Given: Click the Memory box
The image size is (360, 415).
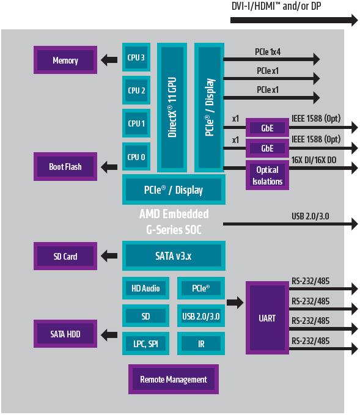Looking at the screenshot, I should [65, 61].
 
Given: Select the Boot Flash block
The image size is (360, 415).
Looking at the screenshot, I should [65, 166].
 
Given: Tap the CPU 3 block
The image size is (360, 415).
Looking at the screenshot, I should [136, 58].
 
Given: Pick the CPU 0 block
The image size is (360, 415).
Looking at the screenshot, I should [136, 157].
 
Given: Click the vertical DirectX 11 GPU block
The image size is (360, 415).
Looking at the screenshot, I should [172, 107].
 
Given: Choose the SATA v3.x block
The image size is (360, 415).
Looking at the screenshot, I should [174, 256].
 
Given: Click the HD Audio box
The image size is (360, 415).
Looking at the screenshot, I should [145, 288].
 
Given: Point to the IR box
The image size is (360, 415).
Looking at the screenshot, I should [201, 344].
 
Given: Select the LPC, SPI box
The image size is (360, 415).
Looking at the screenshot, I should [145, 344].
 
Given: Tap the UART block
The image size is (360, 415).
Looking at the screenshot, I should [267, 318].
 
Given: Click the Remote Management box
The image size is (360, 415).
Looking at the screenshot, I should [174, 380].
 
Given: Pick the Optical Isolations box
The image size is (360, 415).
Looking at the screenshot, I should [267, 175].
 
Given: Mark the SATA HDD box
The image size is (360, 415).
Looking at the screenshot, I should [65, 334].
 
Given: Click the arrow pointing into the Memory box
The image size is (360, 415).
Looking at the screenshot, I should [109, 60].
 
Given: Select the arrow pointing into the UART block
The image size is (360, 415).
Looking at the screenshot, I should [235, 302].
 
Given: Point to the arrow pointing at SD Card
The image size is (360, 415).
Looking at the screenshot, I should [109, 256].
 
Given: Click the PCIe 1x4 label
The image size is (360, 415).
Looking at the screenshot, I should [267, 52].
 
